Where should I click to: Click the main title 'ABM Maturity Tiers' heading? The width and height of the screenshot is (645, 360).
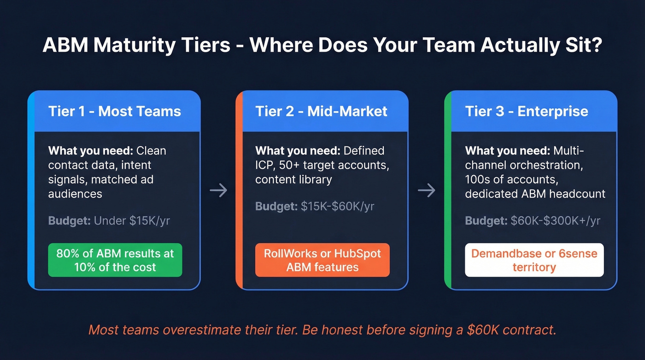(x=322, y=46)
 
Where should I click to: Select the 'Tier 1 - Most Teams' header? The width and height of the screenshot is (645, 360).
(x=114, y=111)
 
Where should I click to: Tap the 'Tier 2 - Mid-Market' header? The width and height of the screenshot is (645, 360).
(x=321, y=111)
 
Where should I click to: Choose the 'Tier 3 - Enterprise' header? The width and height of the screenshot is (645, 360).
(x=527, y=111)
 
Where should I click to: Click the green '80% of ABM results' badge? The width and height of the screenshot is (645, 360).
(x=115, y=260)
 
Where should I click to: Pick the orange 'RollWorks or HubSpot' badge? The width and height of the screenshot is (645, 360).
(x=322, y=260)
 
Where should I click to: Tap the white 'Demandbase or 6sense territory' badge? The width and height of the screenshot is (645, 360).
(x=534, y=260)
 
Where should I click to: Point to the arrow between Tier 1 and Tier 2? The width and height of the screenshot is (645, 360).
(x=218, y=190)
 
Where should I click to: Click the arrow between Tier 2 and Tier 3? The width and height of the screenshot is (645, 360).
(x=426, y=190)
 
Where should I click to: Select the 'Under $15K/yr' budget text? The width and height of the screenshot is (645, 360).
(x=132, y=221)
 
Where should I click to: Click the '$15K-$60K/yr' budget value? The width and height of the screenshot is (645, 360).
(x=337, y=206)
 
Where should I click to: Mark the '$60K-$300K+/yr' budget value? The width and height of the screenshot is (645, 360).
(x=555, y=221)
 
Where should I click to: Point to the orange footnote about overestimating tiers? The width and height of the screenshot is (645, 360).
(x=322, y=330)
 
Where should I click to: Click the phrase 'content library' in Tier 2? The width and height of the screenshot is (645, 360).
(x=293, y=179)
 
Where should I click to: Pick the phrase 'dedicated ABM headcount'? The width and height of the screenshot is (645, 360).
(x=535, y=194)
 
